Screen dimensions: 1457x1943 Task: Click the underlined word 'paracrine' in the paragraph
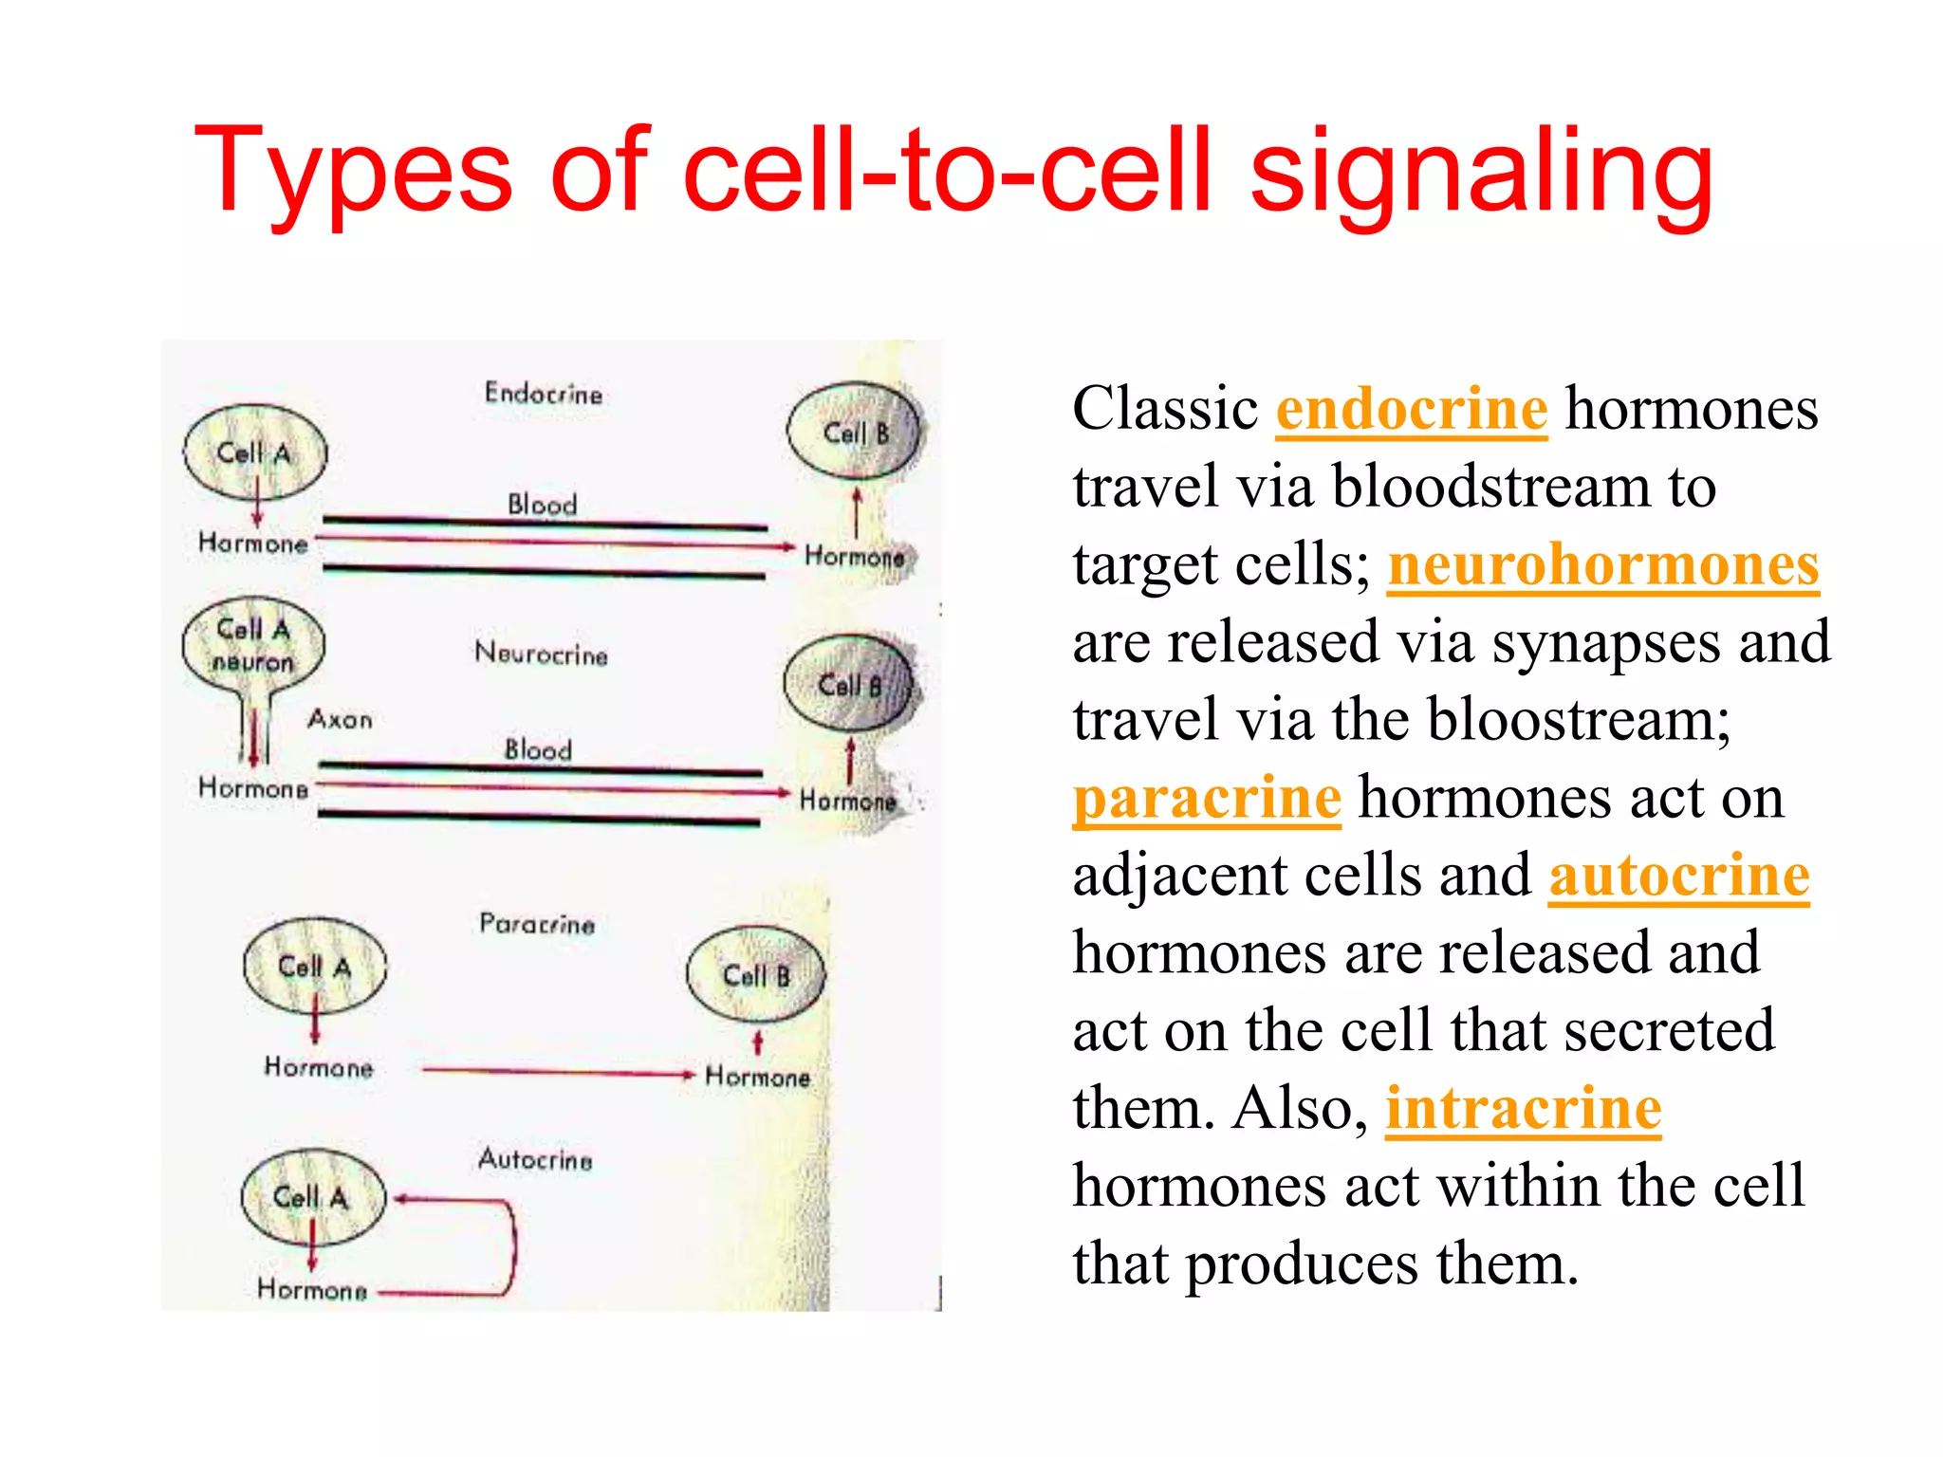1207,798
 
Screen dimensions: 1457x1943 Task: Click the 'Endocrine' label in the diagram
543,393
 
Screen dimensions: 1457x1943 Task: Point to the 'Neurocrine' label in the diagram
541,654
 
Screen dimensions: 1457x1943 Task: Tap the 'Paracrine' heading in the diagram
537,923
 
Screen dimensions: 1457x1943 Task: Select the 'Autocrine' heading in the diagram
535,1158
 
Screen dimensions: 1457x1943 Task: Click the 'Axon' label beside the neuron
340,719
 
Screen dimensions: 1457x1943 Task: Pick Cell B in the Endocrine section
854,433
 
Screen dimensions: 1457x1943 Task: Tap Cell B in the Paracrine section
756,975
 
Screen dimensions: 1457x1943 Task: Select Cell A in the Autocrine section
313,1197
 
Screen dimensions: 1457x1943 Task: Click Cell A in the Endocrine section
254,452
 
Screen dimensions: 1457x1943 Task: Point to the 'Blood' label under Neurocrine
538,749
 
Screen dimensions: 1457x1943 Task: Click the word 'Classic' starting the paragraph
1165,409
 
